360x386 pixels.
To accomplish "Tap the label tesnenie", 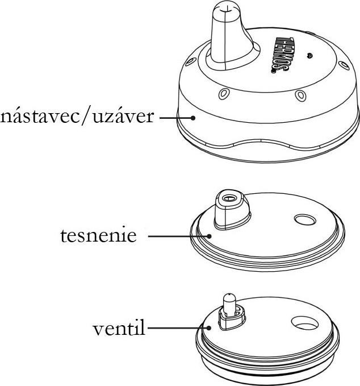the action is coord(98,235).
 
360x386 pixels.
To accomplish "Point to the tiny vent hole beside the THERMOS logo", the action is coord(309,55).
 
